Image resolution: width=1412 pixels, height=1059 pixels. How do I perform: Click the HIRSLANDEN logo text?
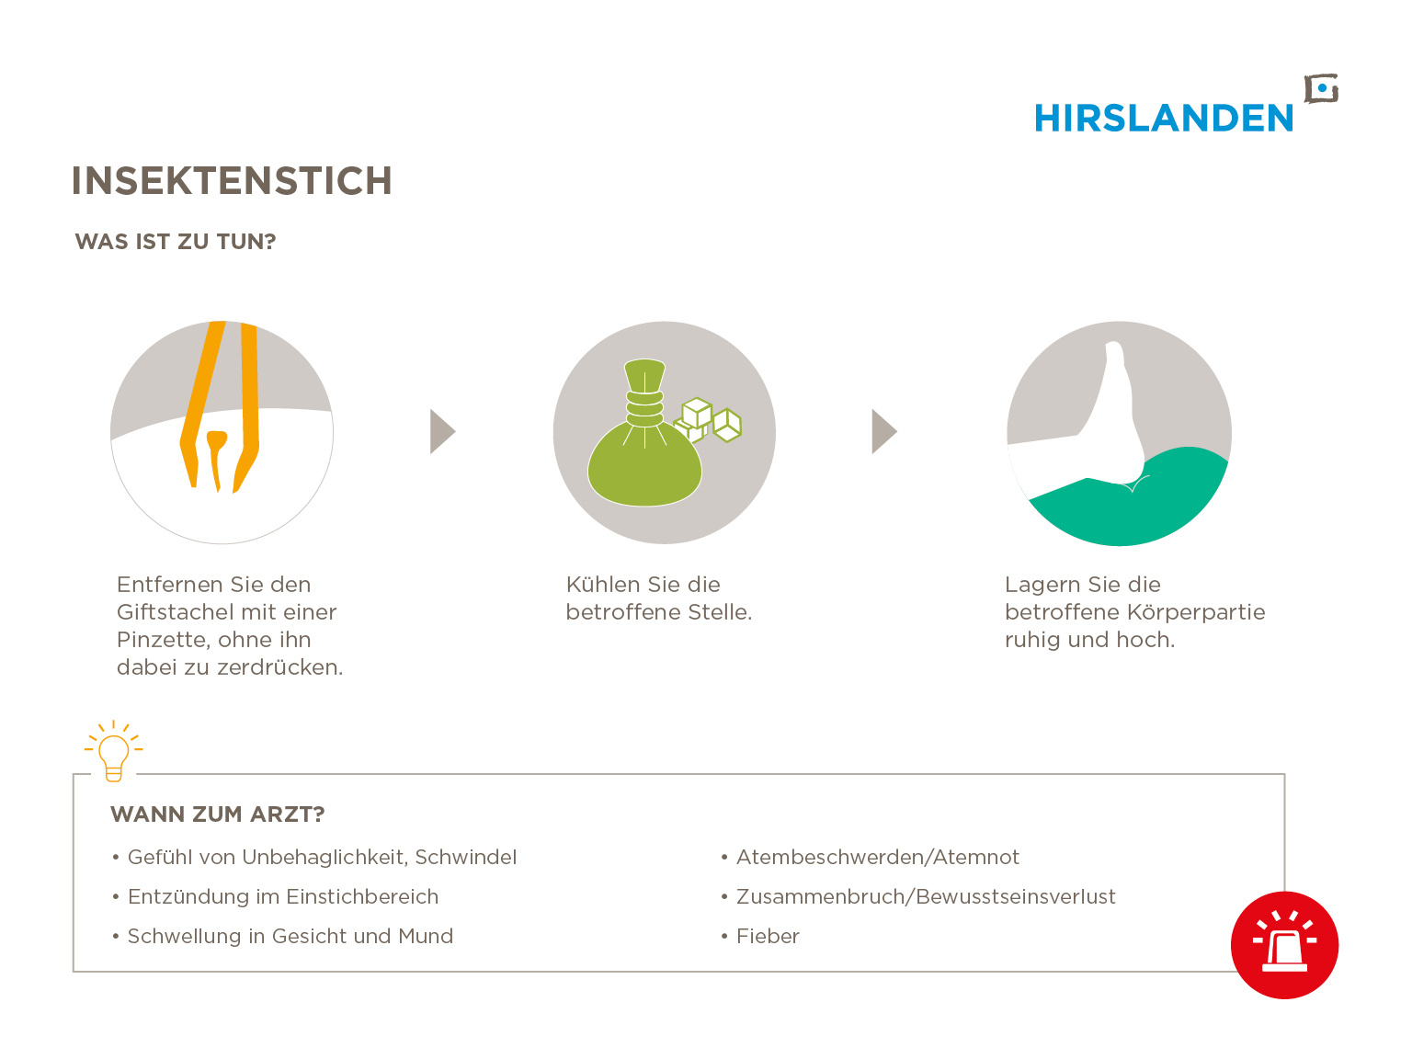[x=1163, y=119]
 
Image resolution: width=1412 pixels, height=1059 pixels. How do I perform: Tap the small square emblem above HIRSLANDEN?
[x=1321, y=89]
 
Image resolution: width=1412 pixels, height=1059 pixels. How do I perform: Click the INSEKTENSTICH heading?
[x=232, y=181]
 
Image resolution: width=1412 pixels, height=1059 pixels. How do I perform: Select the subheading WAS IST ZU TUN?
[x=175, y=242]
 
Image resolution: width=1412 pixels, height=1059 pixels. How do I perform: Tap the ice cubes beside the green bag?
[x=708, y=420]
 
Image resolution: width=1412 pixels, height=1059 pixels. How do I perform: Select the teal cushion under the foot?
[x=1130, y=497]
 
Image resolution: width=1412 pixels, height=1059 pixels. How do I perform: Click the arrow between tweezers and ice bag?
[x=442, y=431]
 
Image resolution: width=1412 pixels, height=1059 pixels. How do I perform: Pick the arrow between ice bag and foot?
[x=883, y=431]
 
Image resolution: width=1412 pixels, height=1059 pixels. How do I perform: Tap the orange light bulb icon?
[x=113, y=751]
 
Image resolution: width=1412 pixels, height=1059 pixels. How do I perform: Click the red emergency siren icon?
[x=1284, y=945]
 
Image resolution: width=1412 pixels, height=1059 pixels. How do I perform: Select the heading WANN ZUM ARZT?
[x=218, y=814]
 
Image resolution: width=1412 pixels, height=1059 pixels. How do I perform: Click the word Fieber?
[x=768, y=936]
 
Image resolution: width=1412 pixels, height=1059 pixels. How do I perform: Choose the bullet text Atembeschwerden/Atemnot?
[x=877, y=857]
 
